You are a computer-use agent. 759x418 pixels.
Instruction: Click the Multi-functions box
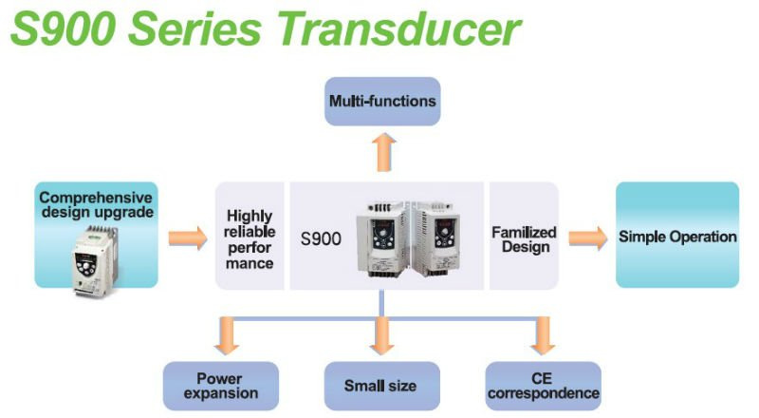click(382, 102)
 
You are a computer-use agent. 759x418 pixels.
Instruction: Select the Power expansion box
click(221, 386)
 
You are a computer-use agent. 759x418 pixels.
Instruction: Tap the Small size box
click(382, 386)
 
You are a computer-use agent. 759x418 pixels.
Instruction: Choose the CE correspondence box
click(543, 386)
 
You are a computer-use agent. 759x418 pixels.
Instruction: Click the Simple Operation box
click(677, 236)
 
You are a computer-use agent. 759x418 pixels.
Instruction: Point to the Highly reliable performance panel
click(250, 237)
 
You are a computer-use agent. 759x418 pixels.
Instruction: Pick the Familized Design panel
click(525, 237)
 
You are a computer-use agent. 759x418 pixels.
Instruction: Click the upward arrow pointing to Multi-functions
click(384, 152)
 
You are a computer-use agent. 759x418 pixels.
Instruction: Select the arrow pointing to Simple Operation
click(588, 238)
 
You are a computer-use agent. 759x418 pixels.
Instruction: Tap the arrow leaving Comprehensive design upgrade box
click(188, 238)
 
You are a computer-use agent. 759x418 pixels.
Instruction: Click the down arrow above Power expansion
click(227, 335)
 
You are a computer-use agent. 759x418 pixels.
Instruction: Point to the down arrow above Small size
click(382, 335)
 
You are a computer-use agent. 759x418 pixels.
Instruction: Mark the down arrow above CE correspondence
click(543, 335)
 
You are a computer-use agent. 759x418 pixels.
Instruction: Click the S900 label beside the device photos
click(321, 239)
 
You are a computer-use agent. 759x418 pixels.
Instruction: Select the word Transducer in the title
click(399, 28)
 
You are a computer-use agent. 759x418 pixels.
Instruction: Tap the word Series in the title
click(195, 28)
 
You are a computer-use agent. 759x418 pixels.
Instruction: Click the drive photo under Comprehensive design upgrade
click(95, 261)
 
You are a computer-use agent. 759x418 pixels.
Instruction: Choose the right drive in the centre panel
click(436, 239)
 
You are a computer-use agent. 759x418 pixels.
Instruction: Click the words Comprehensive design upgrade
click(97, 204)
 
